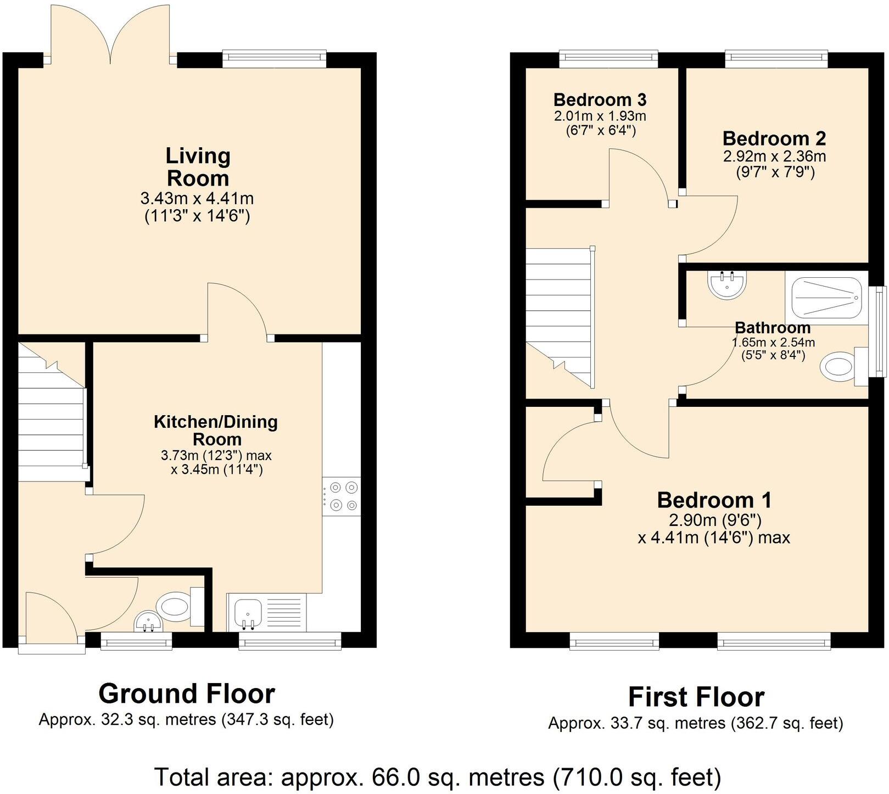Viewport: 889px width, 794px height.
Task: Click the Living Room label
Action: click(x=198, y=167)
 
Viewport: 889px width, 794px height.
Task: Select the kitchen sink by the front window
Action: click(x=248, y=612)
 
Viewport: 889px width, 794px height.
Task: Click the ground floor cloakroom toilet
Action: click(x=175, y=607)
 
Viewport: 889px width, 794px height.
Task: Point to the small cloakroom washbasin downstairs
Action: click(x=148, y=621)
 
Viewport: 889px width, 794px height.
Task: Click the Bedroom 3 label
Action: click(x=600, y=100)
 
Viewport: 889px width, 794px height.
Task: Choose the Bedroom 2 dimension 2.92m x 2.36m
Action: click(x=774, y=156)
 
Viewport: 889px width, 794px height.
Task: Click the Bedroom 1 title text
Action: click(x=714, y=500)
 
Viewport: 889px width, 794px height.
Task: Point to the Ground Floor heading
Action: click(x=187, y=694)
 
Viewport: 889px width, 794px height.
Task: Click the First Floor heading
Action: click(x=696, y=697)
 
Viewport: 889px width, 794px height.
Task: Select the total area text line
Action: click(x=438, y=777)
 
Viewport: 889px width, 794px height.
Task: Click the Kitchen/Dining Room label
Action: click(x=216, y=430)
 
